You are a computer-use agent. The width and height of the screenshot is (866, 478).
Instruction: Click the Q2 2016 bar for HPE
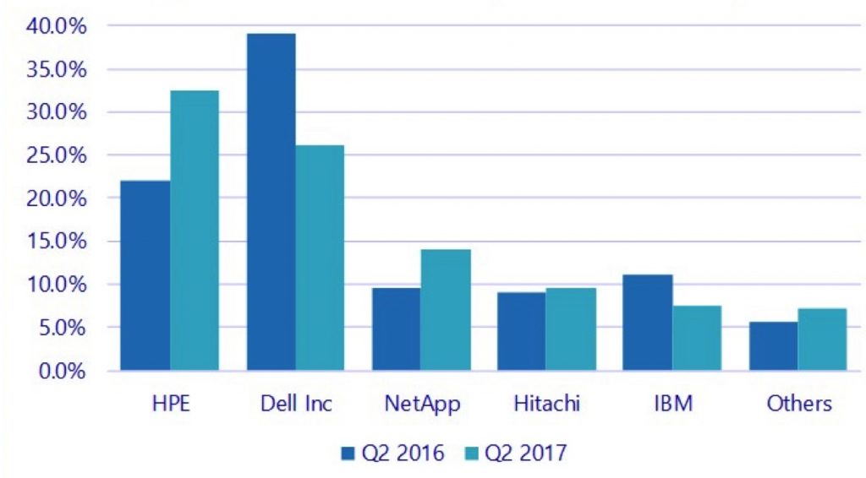tap(145, 275)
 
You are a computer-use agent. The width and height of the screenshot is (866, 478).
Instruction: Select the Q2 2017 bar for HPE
tap(195, 230)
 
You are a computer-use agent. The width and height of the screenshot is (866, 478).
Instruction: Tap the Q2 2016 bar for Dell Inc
tap(271, 202)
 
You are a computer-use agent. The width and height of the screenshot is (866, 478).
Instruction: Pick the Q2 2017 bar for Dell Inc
tap(320, 258)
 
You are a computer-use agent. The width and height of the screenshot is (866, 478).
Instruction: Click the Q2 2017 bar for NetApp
tap(446, 310)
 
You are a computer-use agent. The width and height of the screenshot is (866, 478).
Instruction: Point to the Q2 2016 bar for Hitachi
tap(521, 331)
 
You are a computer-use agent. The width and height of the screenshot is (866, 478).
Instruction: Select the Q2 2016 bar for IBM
tap(647, 322)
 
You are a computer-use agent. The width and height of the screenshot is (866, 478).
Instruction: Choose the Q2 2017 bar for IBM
tap(697, 338)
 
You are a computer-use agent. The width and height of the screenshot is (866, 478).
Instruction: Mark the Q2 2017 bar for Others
tap(822, 339)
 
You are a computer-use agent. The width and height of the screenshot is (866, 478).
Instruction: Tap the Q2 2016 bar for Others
tap(774, 345)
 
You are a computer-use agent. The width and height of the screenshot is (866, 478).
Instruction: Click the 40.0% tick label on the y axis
tap(57, 26)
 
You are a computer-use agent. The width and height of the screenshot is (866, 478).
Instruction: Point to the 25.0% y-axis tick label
tap(57, 155)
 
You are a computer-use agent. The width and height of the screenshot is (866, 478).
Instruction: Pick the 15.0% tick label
tap(57, 242)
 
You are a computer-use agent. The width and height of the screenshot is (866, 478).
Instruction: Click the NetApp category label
tap(423, 405)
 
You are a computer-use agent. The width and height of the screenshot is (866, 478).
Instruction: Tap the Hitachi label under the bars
tap(547, 404)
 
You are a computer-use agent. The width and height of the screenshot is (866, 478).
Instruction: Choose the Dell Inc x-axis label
tap(296, 404)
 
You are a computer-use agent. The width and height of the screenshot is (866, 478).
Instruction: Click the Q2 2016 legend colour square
tap(348, 454)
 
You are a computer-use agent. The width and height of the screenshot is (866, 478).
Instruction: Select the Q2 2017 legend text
tap(525, 454)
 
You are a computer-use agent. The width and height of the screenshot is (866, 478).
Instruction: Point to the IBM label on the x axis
tap(673, 404)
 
